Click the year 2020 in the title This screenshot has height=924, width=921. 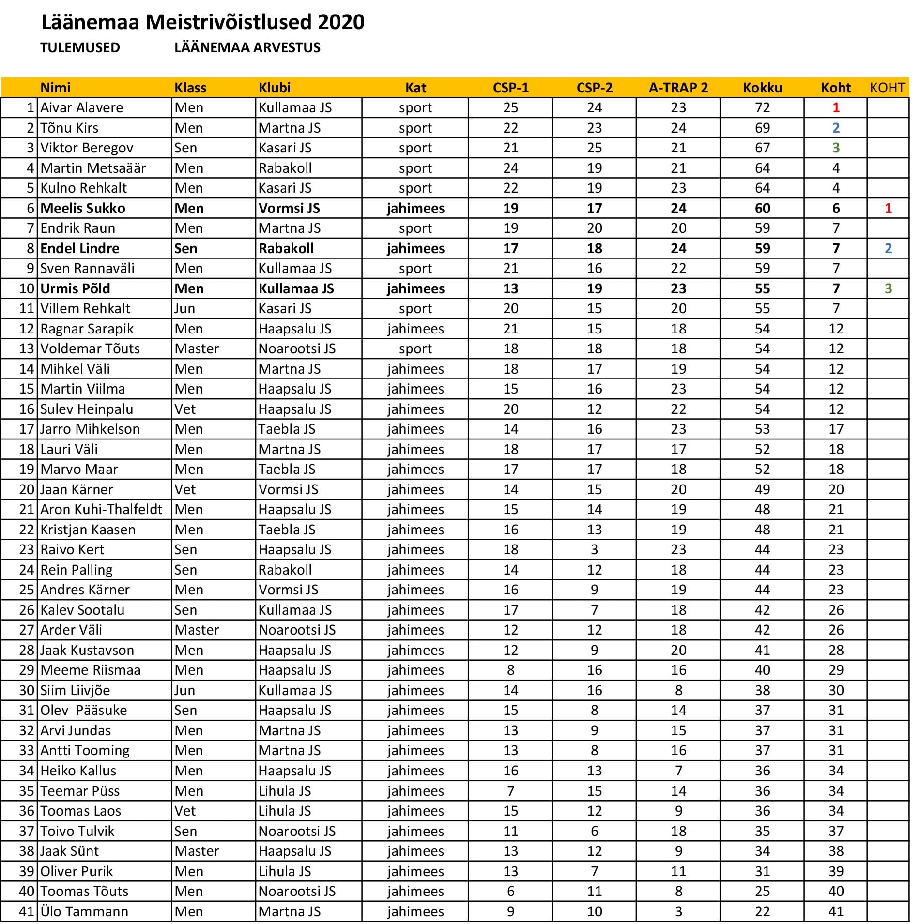(x=341, y=22)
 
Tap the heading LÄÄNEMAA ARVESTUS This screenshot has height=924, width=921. (x=247, y=47)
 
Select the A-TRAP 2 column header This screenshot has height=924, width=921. (x=678, y=88)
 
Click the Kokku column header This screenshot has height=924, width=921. (x=762, y=88)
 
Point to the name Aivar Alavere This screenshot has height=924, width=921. (x=81, y=107)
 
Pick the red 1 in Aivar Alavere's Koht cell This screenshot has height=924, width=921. (x=836, y=107)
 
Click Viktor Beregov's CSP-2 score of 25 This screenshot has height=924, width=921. (x=594, y=148)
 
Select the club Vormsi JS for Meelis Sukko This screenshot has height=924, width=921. (x=289, y=208)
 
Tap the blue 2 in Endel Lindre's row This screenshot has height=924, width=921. (x=888, y=248)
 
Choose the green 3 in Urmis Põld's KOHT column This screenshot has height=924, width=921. (x=888, y=288)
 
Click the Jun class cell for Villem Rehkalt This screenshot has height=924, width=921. (x=184, y=308)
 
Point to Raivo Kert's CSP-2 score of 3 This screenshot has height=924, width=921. (x=594, y=549)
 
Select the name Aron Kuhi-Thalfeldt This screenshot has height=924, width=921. (x=101, y=509)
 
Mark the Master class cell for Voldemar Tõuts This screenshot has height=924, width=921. (x=197, y=348)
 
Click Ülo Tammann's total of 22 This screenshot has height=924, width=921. (x=762, y=911)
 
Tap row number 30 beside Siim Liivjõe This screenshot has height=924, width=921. (x=27, y=690)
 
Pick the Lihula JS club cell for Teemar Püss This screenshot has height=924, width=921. (x=284, y=791)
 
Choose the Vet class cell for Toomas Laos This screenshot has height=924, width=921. (x=185, y=811)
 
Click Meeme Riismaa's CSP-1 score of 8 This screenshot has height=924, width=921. (x=510, y=670)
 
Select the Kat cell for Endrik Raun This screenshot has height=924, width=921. (x=415, y=228)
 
